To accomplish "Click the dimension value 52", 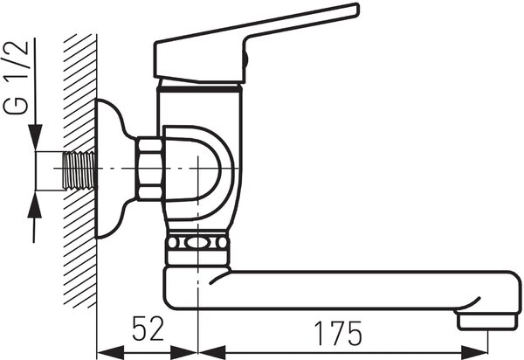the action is (148, 329).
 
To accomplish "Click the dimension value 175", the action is (338, 333).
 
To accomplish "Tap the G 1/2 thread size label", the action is (16, 78).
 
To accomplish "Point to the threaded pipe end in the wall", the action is (79, 170).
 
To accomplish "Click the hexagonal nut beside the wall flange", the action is (149, 169).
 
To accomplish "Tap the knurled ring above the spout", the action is (198, 243).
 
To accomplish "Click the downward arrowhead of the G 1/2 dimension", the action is (35, 136).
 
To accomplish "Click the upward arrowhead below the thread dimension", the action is (34, 204).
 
